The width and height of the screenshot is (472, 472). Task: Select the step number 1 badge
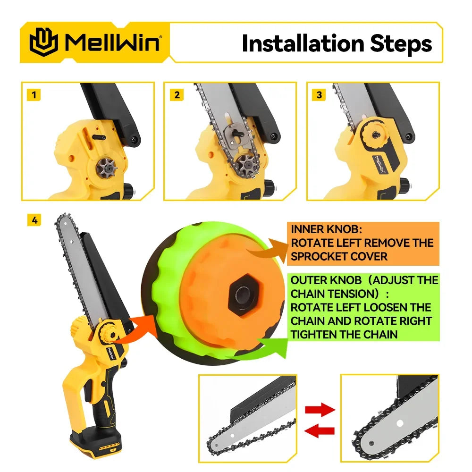34,95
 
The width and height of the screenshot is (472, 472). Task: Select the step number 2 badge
177,95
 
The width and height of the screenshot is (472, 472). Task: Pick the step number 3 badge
320,95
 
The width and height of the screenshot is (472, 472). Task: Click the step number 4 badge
34,220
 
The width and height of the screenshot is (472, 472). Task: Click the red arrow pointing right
320,409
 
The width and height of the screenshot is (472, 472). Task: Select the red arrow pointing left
320,430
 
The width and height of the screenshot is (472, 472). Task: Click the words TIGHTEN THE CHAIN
344,334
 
